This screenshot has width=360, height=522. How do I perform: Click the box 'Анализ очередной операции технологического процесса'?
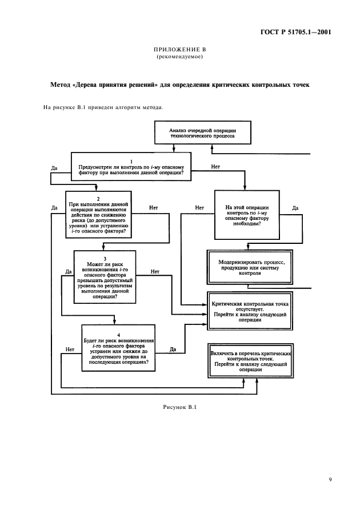203,134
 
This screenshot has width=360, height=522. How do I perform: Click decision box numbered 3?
104,278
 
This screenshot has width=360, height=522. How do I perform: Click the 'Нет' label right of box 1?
215,166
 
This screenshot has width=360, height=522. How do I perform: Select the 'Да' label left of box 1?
54,168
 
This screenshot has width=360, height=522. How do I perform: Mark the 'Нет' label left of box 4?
70,348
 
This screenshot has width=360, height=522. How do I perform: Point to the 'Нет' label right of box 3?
155,271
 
